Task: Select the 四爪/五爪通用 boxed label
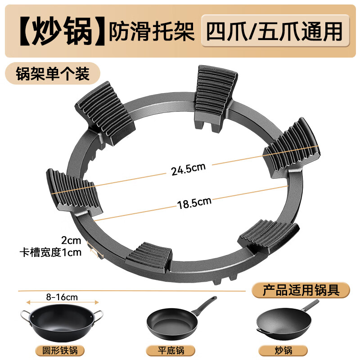tap(274, 31)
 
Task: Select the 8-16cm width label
tap(62, 297)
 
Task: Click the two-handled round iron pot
tap(61, 320)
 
